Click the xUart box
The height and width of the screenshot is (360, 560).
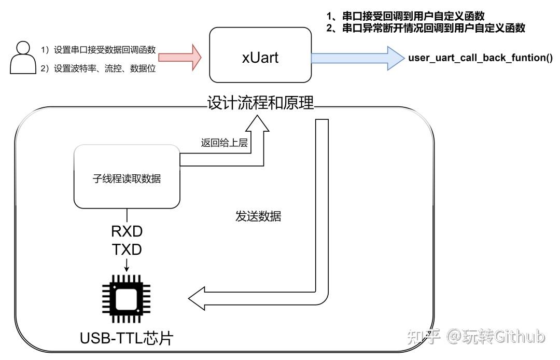click(x=260, y=56)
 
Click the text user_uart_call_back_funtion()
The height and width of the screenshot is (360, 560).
click(x=480, y=57)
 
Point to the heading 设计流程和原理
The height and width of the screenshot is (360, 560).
click(x=260, y=103)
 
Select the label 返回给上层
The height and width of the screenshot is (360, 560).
click(x=224, y=143)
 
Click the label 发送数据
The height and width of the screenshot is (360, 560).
click(x=258, y=216)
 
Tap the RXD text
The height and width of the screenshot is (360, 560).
click(x=127, y=230)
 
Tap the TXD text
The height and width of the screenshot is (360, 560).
click(x=127, y=250)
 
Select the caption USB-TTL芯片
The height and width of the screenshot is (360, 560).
click(x=127, y=338)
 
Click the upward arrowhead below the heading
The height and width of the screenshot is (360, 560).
click(x=257, y=122)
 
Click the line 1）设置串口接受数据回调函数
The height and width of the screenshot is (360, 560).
click(x=99, y=50)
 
